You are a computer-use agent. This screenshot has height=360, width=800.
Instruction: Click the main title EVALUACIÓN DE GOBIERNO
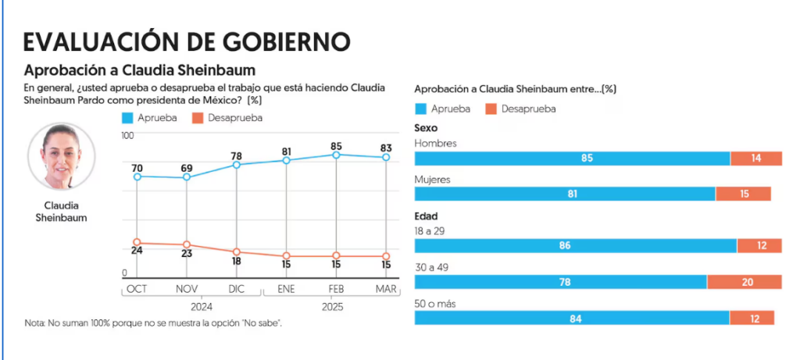(187, 41)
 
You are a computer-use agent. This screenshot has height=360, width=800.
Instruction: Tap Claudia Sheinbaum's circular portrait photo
(61, 156)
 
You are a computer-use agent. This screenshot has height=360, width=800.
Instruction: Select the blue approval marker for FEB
(336, 155)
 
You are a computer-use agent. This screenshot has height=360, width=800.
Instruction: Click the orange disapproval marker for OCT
(137, 242)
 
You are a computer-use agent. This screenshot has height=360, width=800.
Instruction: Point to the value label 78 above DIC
(236, 155)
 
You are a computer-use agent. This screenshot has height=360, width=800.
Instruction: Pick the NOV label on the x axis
(187, 289)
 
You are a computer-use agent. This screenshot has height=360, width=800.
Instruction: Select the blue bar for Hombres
(572, 158)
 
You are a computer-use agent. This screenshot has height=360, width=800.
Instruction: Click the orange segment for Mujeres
(743, 194)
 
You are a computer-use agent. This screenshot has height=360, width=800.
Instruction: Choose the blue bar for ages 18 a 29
(575, 245)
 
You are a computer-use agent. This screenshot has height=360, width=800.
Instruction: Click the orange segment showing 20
(745, 282)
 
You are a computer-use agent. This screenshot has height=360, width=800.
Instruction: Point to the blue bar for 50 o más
(572, 318)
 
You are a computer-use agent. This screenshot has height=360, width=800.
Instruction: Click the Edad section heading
(426, 216)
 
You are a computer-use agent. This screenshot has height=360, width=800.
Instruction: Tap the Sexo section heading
(426, 128)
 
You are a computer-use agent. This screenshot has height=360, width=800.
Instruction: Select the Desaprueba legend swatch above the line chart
(198, 118)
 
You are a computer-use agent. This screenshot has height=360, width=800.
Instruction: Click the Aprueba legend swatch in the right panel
(420, 109)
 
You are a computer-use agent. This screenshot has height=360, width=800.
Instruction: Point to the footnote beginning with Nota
(153, 323)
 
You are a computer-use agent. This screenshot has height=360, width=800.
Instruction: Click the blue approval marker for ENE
(287, 160)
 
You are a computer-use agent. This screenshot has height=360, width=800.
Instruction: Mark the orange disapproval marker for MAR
(386, 256)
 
